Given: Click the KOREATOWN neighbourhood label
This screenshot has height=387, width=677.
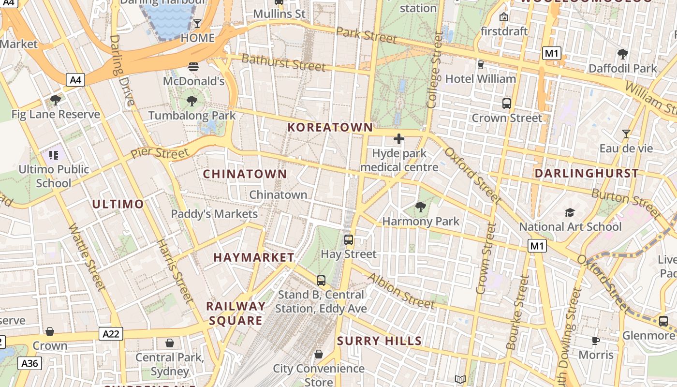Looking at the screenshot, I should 330,127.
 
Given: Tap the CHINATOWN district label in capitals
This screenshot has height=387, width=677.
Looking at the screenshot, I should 245,174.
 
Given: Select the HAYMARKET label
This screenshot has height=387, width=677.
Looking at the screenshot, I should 254,257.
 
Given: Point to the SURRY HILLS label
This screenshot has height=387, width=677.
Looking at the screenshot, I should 380,341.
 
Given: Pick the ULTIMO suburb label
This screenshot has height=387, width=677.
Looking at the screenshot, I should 118,204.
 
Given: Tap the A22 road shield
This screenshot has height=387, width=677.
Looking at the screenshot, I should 111,333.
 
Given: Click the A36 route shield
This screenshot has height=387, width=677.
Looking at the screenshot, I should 30,363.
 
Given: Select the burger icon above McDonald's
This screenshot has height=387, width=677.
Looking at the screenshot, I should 193,67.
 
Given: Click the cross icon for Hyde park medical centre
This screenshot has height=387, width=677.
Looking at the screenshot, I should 399,139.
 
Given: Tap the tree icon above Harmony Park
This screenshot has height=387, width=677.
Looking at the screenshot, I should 421,208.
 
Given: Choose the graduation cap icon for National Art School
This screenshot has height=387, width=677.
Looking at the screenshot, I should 570,213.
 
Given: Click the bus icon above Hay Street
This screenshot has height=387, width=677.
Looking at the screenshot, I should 348,240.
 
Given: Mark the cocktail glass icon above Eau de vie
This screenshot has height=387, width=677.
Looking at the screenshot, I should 626,134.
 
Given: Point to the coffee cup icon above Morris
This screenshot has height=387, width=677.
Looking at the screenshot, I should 596,341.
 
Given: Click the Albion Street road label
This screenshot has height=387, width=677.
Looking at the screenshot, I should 401,291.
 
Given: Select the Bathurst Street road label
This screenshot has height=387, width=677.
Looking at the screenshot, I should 283,62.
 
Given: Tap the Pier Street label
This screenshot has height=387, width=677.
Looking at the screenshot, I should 160,153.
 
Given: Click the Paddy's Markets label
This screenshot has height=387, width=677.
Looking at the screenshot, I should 214,213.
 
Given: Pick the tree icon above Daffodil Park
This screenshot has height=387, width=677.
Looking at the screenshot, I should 623,54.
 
